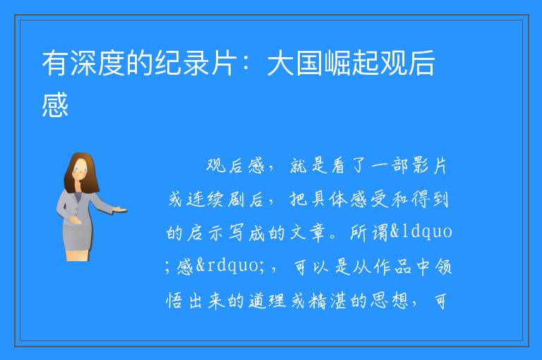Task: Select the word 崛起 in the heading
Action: [x=351, y=63]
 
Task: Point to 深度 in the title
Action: [x=97, y=63]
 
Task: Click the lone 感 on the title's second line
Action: [x=55, y=104]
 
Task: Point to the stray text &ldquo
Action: [x=421, y=232]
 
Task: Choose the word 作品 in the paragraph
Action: [x=392, y=267]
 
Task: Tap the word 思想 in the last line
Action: [x=390, y=301]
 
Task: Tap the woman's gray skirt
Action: [x=78, y=236]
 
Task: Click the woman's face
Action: [x=80, y=169]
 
